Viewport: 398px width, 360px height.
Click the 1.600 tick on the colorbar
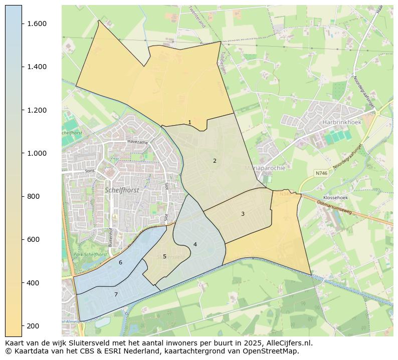(x=37, y=24)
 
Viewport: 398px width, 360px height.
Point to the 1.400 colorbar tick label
(x=37, y=67)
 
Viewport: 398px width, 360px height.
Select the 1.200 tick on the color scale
(x=37, y=110)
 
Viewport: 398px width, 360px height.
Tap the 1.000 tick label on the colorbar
(x=37, y=153)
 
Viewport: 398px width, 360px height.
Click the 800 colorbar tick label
(x=33, y=196)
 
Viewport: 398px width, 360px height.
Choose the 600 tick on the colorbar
(x=33, y=239)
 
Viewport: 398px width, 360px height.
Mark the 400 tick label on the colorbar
(x=33, y=283)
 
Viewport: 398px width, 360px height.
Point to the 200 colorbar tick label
(x=33, y=326)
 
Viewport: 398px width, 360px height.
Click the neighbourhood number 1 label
(x=189, y=122)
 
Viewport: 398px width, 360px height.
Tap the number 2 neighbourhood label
(x=215, y=161)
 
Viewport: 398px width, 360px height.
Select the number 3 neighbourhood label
(x=243, y=214)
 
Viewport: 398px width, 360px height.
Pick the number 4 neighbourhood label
(x=195, y=244)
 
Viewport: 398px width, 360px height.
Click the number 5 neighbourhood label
(x=164, y=256)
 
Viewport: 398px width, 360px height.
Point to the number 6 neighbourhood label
(x=120, y=262)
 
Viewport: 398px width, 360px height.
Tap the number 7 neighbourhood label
(x=116, y=294)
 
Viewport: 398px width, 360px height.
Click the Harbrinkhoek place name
(x=342, y=122)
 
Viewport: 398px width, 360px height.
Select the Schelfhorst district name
(x=122, y=190)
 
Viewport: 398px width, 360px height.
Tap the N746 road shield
(x=321, y=173)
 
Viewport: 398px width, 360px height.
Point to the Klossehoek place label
(x=335, y=198)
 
